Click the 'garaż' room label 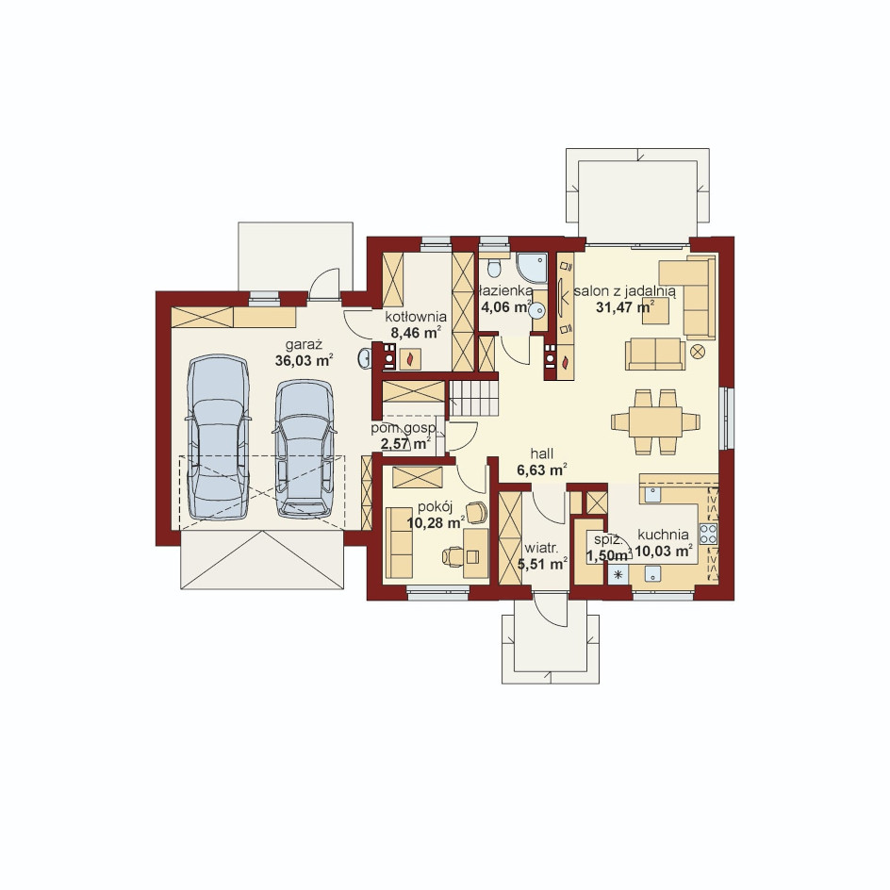(304, 344)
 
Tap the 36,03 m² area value (304, 360)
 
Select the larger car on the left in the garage (219, 437)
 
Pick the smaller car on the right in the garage (304, 449)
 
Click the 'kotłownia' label (416, 317)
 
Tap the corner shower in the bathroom (532, 268)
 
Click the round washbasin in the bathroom (536, 310)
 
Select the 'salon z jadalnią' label (624, 291)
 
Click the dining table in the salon (655, 421)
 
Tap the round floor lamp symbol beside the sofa (698, 352)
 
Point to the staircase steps (474, 398)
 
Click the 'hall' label (542, 453)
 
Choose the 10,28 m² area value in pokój (436, 522)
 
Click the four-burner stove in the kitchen (708, 534)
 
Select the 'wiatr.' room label (542, 549)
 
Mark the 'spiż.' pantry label (605, 539)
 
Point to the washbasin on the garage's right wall (365, 357)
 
